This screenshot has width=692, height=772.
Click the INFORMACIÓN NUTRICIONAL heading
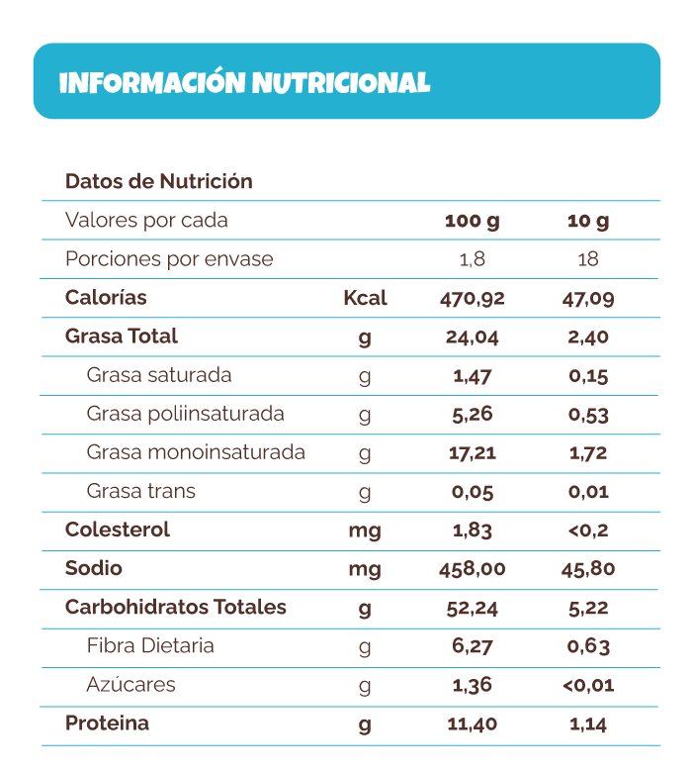[244, 83]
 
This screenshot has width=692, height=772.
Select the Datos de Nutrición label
[158, 181]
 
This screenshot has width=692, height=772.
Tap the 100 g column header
[472, 221]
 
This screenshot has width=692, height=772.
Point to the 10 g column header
[588, 221]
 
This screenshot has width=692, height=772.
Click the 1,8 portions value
[472, 259]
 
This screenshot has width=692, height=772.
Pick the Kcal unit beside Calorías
[365, 298]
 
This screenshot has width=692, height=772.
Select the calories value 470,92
[472, 298]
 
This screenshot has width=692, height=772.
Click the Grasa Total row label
[121, 337]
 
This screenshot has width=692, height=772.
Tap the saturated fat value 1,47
[472, 376]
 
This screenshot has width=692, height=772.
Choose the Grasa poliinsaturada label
[185, 414]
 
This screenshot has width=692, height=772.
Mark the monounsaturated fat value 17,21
[472, 453]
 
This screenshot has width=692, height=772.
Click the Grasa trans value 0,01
[588, 492]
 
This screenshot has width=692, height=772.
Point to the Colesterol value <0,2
[588, 531]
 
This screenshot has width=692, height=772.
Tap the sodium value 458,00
[472, 569]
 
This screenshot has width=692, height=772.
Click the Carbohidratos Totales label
[175, 608]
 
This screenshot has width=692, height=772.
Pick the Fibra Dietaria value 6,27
[472, 647]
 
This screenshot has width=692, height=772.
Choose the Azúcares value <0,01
[588, 685]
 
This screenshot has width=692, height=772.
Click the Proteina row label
[107, 724]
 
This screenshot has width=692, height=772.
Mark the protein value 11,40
[472, 724]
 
